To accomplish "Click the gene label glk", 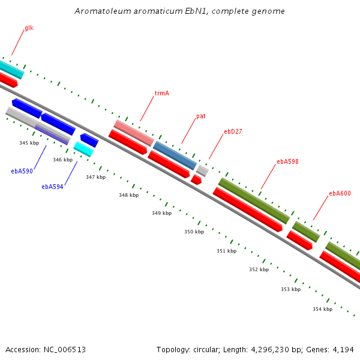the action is tap(29, 28).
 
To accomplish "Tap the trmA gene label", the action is tap(162, 93).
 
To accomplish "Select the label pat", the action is tap(200, 116).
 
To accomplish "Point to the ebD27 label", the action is tap(233, 131).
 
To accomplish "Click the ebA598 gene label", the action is tap(287, 161).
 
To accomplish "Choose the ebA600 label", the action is tap(340, 193).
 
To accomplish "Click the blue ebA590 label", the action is tap(22, 171).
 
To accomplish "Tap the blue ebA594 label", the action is tap(52, 187).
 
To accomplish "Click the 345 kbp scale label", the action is tap(29, 143).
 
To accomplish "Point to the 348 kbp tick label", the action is tap(129, 195).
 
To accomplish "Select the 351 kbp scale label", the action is tap(227, 251).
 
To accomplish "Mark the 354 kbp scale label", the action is tap(323, 309).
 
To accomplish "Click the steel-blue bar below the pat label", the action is tap(175, 155).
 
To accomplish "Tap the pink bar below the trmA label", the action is tap(134, 133).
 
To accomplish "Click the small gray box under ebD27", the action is tap(203, 170).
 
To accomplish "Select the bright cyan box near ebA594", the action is tap(83, 149).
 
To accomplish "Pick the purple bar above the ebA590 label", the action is tap(52, 135).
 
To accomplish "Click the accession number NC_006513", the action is tap(65, 350).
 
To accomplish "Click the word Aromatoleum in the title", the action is tap(103, 11).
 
